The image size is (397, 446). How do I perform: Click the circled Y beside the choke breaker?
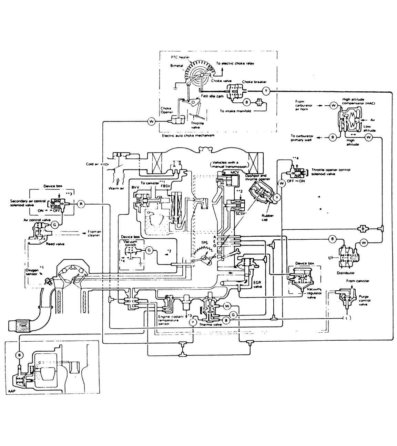pos(266,91)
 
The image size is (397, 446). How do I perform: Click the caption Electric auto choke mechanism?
pos(188,135)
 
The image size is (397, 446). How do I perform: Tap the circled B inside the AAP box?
pos(19,355)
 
